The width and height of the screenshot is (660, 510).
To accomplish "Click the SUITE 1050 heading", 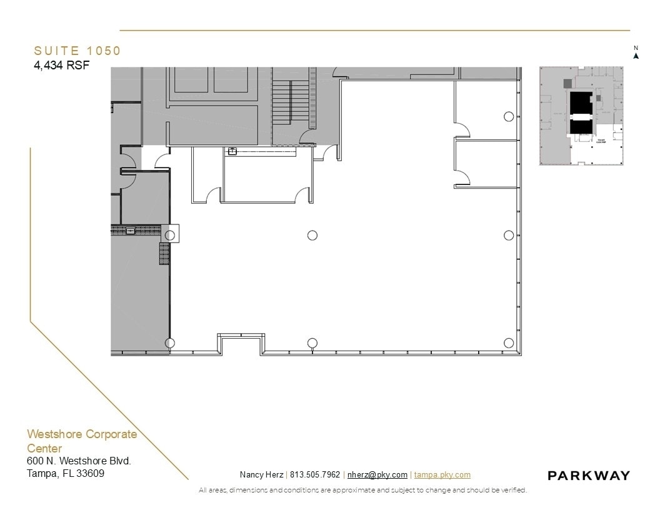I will click(77, 51).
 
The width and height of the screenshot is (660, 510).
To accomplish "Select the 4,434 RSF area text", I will click(62, 65).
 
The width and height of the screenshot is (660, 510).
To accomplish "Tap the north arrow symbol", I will click(636, 55).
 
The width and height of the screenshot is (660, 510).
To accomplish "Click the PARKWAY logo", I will click(589, 476).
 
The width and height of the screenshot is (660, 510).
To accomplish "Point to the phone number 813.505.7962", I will click(315, 475).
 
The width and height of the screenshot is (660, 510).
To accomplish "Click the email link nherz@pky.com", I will click(377, 475).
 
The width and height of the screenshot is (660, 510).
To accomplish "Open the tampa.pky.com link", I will click(442, 475).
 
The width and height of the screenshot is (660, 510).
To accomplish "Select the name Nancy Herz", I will click(261, 475).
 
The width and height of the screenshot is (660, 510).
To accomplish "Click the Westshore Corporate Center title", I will click(81, 441).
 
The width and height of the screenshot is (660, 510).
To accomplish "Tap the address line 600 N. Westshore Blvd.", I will click(79, 461).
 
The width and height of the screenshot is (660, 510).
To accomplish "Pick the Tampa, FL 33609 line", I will click(66, 474).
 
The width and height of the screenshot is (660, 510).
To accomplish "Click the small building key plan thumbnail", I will click(581, 116).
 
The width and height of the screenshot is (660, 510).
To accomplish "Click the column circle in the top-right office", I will click(509, 116).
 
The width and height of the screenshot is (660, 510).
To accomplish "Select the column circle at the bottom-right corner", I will click(509, 342).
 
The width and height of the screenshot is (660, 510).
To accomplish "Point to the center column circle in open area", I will click(312, 235).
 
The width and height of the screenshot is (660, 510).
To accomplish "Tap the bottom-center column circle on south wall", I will click(312, 342).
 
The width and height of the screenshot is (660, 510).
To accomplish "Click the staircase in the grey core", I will click(291, 100).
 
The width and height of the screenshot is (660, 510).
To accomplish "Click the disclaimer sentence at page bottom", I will click(362, 491).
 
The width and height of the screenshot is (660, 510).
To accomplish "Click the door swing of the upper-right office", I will click(462, 130).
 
